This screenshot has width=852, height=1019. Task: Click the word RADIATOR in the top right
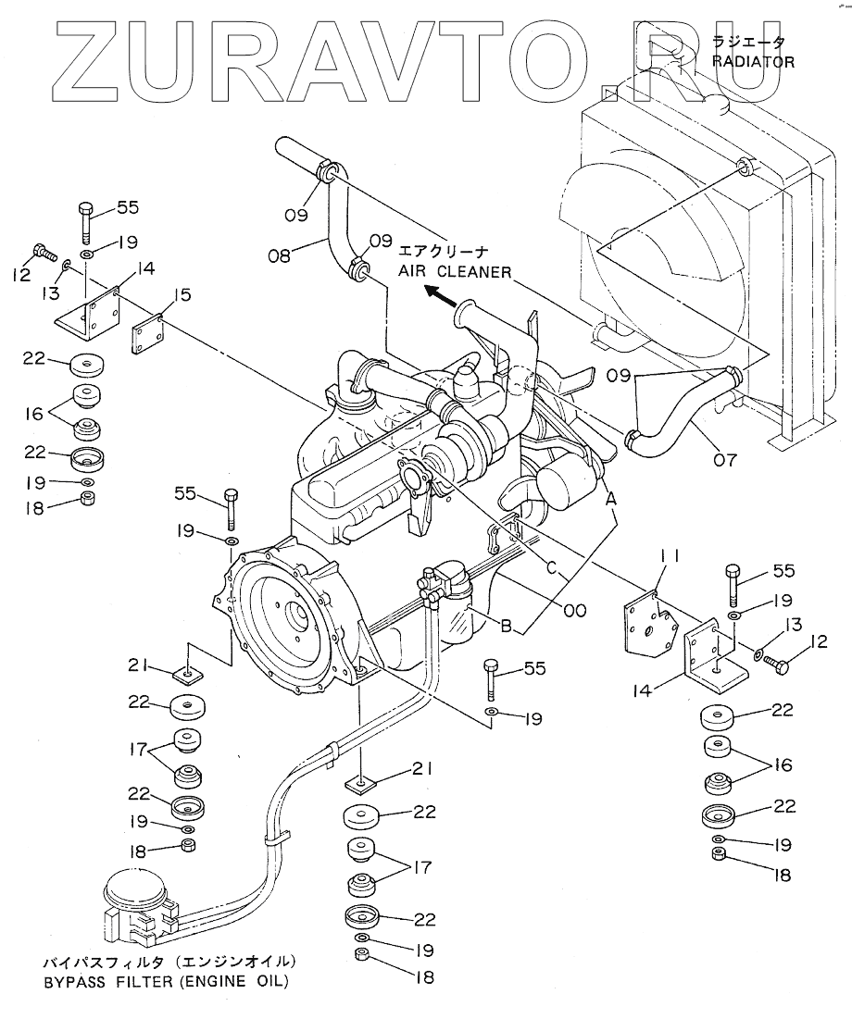pos(753,62)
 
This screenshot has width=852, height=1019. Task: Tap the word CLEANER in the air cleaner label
pos(475,272)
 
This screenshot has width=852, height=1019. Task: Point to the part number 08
pos(280,255)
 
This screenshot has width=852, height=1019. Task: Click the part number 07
pos(724,460)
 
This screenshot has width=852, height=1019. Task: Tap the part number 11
pos(670,555)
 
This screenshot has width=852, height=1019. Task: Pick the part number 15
pos(182,295)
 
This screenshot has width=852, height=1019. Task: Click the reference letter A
pos(610,499)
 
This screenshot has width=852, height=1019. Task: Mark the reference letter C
pos(552,568)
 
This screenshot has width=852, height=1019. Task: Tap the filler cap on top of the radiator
pos(717,102)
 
